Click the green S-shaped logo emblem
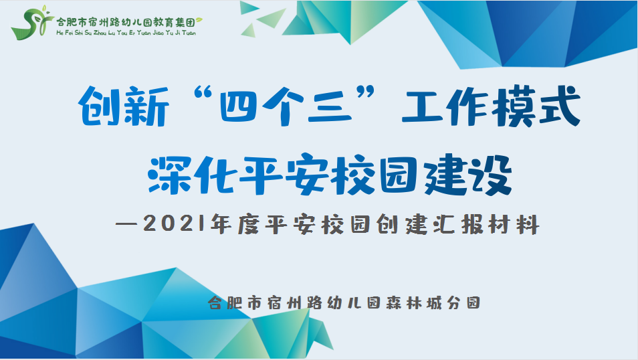pyautogui.click(x=31, y=23)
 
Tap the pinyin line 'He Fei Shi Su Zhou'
pyautogui.click(x=82, y=33)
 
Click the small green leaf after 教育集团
pyautogui.click(x=199, y=20)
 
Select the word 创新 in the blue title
pyautogui.click(x=124, y=106)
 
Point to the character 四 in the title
pyautogui.click(x=239, y=106)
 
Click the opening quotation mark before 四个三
pyautogui.click(x=203, y=94)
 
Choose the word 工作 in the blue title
pyautogui.click(x=445, y=106)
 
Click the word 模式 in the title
pyautogui.click(x=536, y=106)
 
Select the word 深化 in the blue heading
pyautogui.click(x=191, y=175)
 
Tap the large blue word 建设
pyautogui.click(x=468, y=175)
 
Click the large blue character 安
pyautogui.click(x=307, y=175)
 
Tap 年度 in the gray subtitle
pyautogui.click(x=235, y=224)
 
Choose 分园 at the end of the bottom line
pyautogui.click(x=463, y=302)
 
